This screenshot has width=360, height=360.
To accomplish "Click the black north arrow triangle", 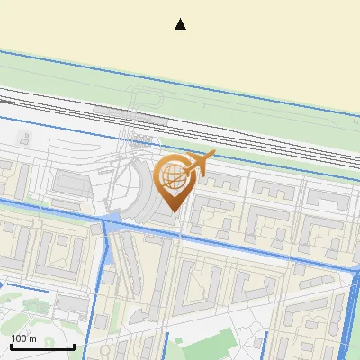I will coord(180,24).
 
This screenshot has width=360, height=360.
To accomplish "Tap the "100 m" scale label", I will coord(24,339).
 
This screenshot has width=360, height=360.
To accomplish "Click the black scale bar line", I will coord(41,346).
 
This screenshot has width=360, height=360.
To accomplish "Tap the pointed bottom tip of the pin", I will coord(172,211).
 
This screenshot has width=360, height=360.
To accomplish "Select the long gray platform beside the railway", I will coord(130,114).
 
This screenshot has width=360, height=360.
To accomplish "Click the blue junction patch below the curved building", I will coord(113,219).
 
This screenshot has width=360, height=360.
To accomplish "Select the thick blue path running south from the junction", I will coord(99,270).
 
